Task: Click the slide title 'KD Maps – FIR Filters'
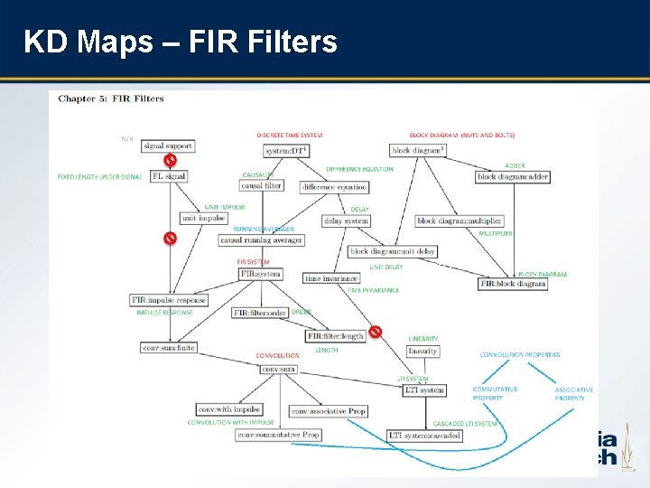click(x=181, y=42)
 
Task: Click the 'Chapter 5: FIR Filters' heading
click(x=111, y=99)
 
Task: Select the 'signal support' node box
click(x=168, y=145)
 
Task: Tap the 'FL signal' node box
click(x=169, y=176)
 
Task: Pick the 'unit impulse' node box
click(x=203, y=218)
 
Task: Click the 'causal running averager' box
click(x=262, y=240)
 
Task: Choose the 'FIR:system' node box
click(x=260, y=274)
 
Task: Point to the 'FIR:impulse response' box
click(x=169, y=300)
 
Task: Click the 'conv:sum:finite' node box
click(x=169, y=348)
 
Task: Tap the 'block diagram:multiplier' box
click(x=460, y=221)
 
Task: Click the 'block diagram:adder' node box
click(x=513, y=177)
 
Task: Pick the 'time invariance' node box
click(x=331, y=279)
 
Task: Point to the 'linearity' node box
click(x=423, y=351)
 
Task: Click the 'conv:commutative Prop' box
click(x=279, y=435)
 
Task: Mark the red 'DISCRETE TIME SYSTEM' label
click(x=290, y=135)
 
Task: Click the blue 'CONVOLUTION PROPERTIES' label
click(x=520, y=355)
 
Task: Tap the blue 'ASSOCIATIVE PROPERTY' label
click(x=574, y=394)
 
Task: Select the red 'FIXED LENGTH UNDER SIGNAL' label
click(x=99, y=176)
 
